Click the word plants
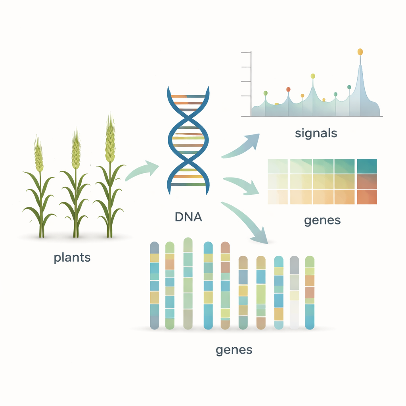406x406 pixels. click(x=72, y=258)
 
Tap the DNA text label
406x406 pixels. click(x=188, y=217)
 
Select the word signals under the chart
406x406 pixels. click(x=316, y=133)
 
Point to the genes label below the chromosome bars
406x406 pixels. click(x=234, y=350)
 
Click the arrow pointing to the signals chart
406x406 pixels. click(x=242, y=147)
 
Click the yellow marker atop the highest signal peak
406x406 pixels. click(x=360, y=52)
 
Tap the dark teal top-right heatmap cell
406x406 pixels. click(x=367, y=166)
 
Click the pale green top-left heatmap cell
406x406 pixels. click(x=278, y=166)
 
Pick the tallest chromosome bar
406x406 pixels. click(x=188, y=283)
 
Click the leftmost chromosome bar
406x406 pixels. click(x=154, y=285)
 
